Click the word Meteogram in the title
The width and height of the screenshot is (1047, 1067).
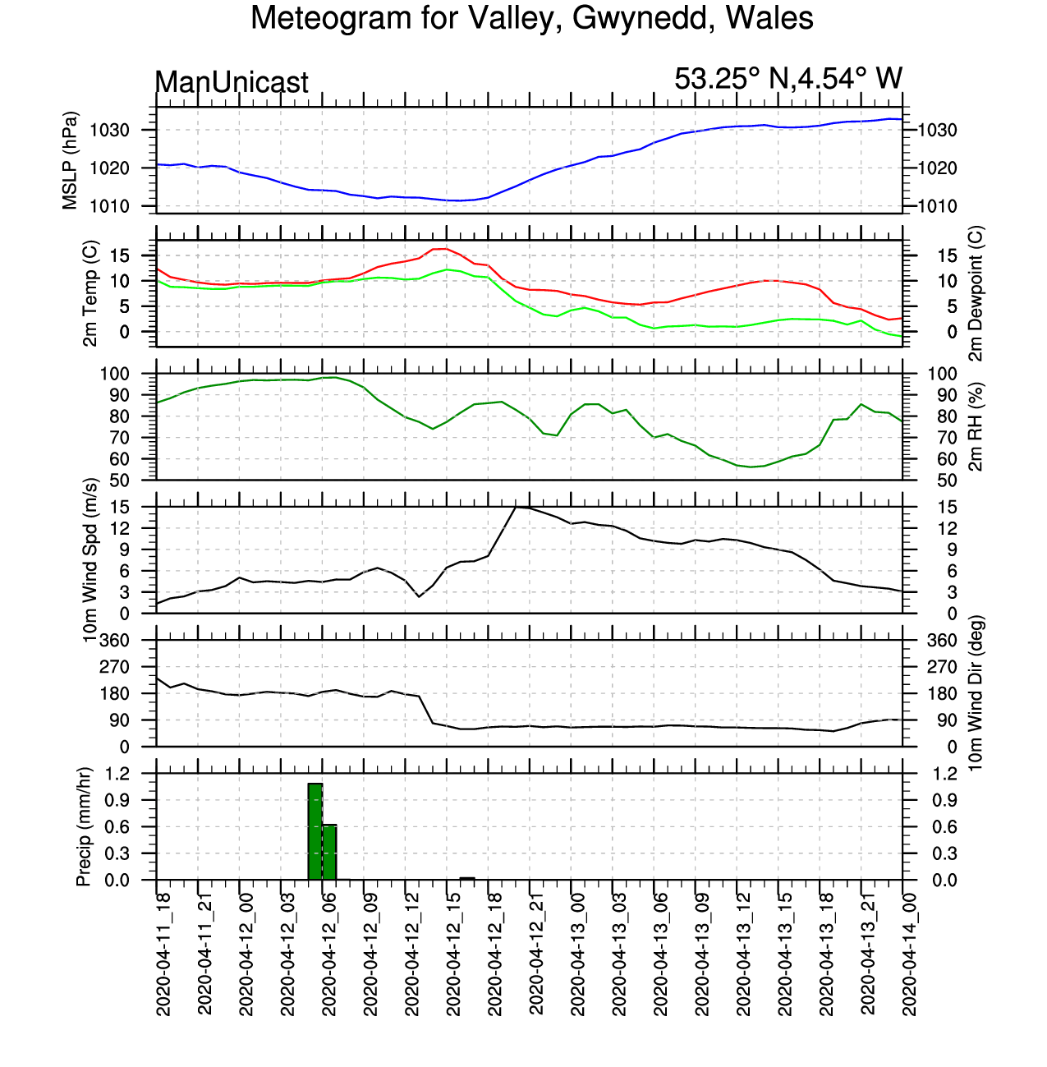click(x=331, y=19)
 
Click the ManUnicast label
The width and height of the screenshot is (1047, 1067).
click(x=232, y=82)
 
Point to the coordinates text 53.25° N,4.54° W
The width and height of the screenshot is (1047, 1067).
click(x=788, y=79)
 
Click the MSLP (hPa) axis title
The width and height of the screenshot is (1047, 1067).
click(x=70, y=160)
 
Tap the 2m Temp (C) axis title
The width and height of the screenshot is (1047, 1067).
click(x=90, y=293)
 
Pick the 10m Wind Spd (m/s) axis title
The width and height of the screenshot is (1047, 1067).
click(x=90, y=560)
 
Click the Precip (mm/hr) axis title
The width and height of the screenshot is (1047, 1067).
click(x=83, y=826)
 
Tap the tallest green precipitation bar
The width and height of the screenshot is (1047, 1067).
click(x=315, y=832)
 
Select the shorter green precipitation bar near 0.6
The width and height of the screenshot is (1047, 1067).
click(x=329, y=852)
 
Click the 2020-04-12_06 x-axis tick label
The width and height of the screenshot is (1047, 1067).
click(x=329, y=954)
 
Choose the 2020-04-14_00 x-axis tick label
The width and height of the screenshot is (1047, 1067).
click(x=909, y=954)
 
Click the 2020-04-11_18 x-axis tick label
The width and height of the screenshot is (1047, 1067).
click(x=163, y=954)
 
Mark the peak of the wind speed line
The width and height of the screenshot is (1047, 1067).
click(x=516, y=507)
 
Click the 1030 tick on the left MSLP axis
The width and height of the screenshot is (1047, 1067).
click(x=110, y=131)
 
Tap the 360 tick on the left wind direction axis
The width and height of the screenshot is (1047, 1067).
click(x=113, y=641)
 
